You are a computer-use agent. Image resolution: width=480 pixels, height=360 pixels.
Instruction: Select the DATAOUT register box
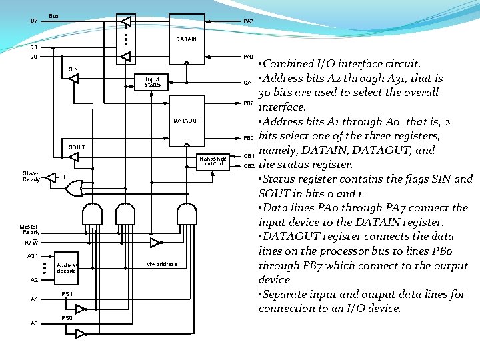coord(187,121)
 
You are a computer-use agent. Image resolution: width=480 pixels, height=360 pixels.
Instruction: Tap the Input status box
coord(152,81)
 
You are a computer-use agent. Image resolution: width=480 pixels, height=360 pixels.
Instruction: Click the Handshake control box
coord(213,161)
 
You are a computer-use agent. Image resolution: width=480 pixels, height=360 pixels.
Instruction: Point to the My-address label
coord(161,264)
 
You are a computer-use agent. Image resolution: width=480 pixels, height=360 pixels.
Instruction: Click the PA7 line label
coord(248,21)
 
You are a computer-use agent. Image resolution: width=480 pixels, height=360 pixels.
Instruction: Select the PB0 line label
coord(248,137)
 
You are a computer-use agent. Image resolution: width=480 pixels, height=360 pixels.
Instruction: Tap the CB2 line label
coord(249,165)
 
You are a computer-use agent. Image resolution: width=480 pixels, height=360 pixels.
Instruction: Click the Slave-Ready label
coord(31,177)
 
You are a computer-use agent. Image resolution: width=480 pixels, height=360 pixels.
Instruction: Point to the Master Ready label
coord(29,229)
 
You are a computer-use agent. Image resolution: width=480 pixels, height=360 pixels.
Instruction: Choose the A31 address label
coord(33,256)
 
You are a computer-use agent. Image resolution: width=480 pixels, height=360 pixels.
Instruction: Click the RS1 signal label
coord(67,294)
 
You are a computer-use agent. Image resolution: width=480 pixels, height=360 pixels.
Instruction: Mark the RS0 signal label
coord(67,318)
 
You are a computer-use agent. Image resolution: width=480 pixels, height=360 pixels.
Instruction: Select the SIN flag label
coord(73,69)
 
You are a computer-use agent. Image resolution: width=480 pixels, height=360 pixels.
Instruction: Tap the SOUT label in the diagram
coord(77,147)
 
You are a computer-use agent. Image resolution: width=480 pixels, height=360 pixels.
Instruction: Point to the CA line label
coord(247,83)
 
